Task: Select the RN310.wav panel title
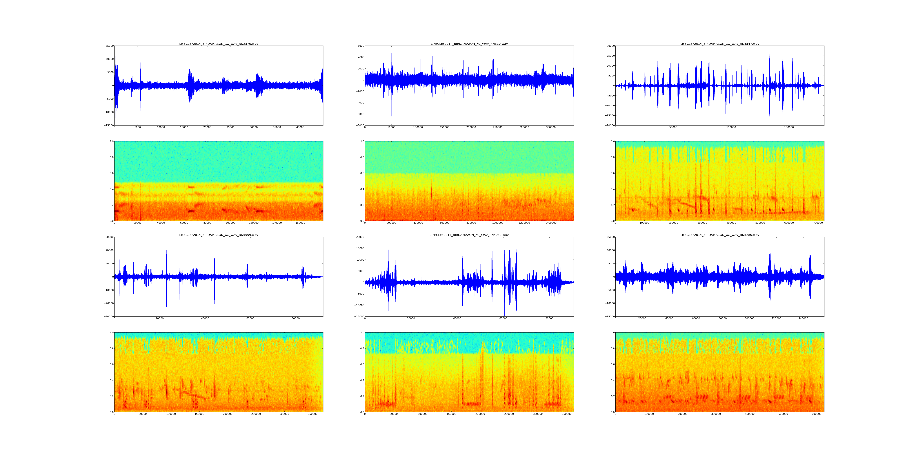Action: (x=469, y=44)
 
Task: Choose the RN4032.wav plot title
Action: (x=469, y=235)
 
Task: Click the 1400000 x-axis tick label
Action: (x=551, y=223)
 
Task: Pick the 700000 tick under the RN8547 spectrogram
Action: (x=818, y=223)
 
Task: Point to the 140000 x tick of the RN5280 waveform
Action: (x=803, y=318)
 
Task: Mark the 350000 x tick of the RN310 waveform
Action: (x=551, y=127)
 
